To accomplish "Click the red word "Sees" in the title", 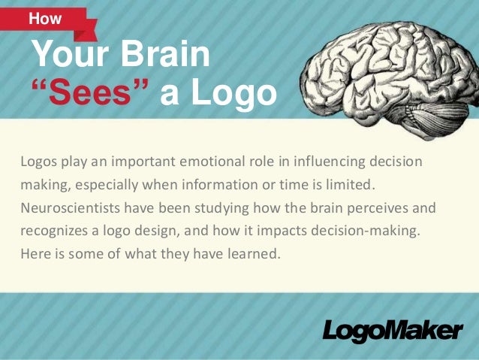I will [92, 93].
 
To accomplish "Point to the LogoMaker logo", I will [393, 331].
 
